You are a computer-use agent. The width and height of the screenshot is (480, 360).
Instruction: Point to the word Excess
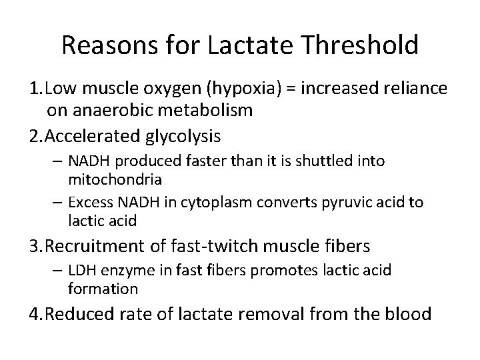pos(87,202)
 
